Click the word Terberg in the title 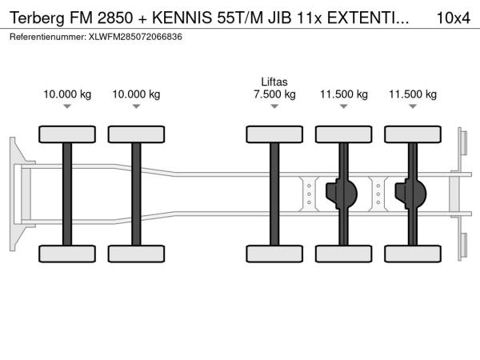tap(37, 18)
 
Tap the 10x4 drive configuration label tap(453, 18)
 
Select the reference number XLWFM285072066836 tap(135, 37)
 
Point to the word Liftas tap(274, 82)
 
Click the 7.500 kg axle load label tap(274, 94)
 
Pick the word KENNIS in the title tap(182, 18)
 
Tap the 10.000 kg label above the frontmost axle tap(67, 94)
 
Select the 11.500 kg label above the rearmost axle tap(413, 94)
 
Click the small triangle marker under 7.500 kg tap(274, 106)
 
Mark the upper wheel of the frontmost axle tap(67, 134)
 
